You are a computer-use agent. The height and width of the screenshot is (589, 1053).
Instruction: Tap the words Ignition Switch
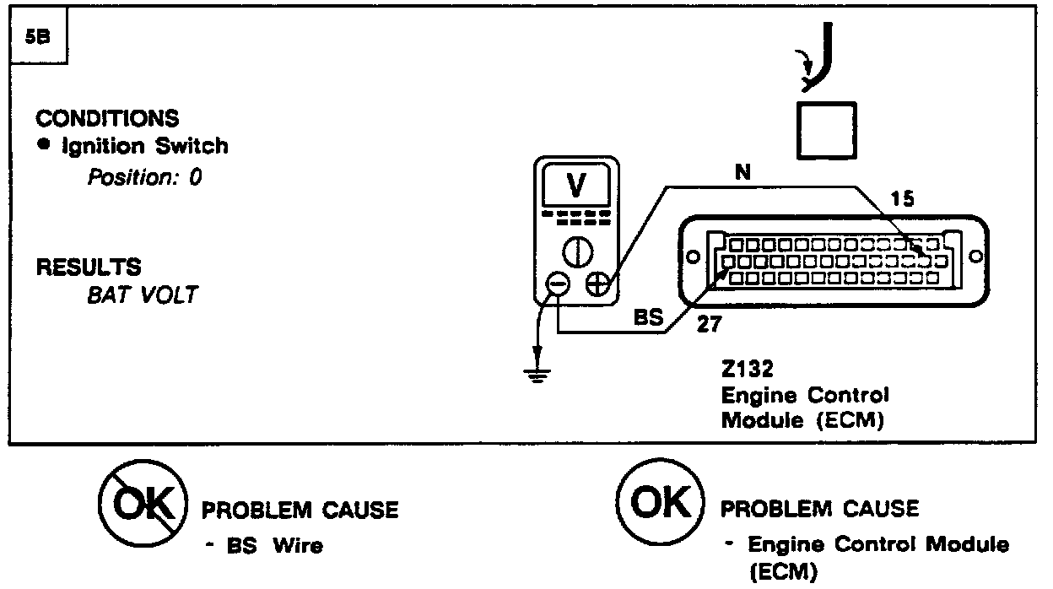tap(145, 146)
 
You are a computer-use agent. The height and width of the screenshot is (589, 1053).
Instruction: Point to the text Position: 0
tap(144, 178)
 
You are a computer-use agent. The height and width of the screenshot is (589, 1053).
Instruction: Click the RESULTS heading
tap(88, 267)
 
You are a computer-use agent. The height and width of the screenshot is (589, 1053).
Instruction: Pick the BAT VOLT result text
tap(142, 296)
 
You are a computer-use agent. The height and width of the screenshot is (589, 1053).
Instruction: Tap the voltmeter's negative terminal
tap(558, 285)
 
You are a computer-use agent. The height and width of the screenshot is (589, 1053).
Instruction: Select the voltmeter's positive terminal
tap(598, 285)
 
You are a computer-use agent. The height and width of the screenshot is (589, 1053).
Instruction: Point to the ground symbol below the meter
tap(534, 372)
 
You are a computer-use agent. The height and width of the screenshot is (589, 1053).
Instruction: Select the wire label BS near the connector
tap(650, 321)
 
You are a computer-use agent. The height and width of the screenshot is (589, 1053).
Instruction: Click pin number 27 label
tap(707, 325)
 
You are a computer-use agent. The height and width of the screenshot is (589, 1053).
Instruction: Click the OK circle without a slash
tap(659, 505)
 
